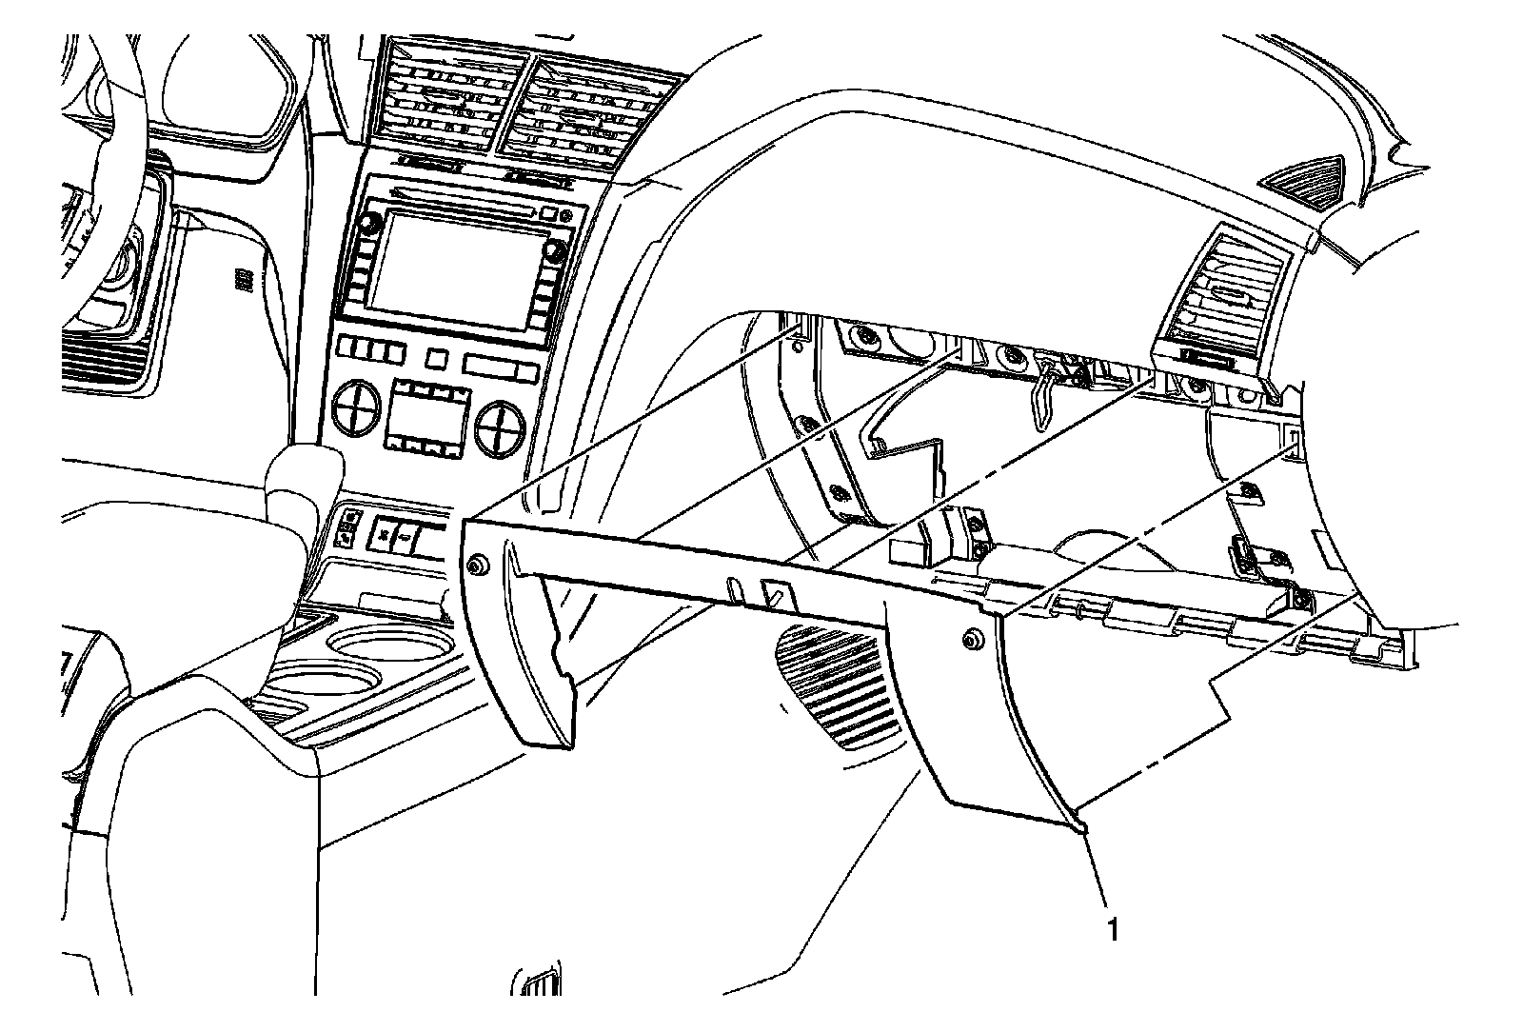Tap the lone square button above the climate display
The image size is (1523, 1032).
click(x=436, y=359)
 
